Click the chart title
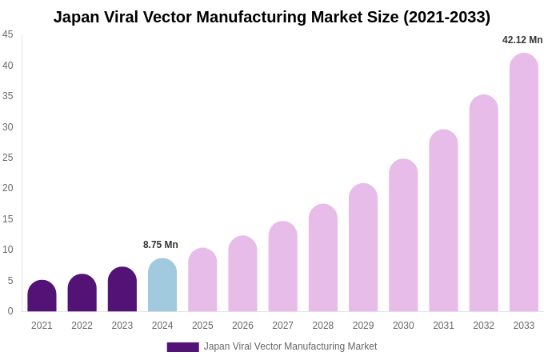272,17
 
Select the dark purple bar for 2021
42,297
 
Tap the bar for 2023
122,290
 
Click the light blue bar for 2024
162,286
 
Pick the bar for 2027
282,267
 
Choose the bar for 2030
403,236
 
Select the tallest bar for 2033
524,183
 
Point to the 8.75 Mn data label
161,245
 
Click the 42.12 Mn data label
522,40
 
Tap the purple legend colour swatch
182,347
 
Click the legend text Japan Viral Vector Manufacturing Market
290,346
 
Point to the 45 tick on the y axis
8,34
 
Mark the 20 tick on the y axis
8,188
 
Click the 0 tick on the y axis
10,311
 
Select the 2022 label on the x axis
82,326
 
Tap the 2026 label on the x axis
242,326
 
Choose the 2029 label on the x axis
363,326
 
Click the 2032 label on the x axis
483,326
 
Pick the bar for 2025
202,281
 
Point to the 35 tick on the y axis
8,96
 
